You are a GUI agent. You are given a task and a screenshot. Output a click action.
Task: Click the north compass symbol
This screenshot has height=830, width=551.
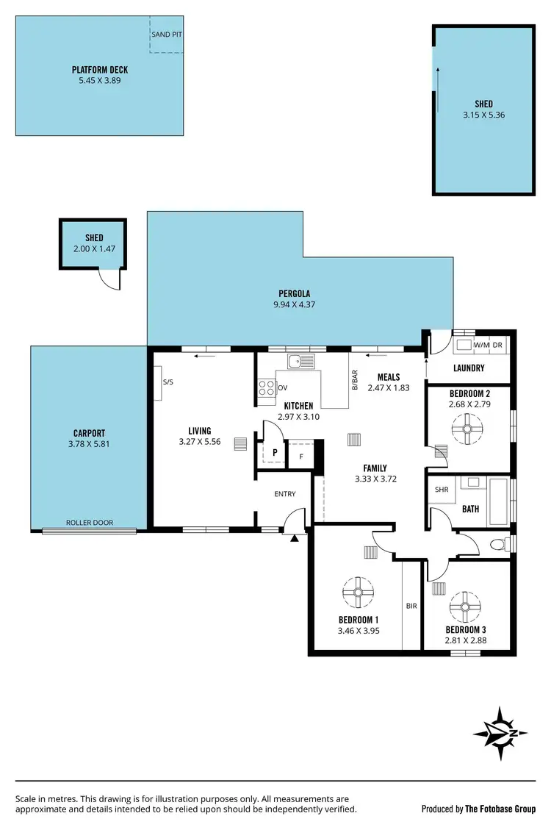[500, 733]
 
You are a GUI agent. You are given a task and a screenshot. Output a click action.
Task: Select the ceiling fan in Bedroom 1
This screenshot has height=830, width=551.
[359, 590]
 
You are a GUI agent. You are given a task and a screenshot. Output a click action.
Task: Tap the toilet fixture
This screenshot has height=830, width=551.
[499, 545]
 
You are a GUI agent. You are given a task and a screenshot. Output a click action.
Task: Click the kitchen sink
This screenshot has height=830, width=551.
[300, 360]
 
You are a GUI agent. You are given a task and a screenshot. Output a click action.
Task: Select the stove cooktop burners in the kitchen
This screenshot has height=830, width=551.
[266, 388]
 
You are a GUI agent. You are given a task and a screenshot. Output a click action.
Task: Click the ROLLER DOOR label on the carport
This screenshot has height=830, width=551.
[90, 523]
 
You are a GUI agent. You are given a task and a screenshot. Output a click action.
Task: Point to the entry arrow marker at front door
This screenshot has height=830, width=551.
[295, 539]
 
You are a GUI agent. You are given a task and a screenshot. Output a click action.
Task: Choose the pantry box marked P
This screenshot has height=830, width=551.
[273, 454]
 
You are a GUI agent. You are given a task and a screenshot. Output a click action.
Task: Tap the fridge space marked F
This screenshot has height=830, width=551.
[301, 456]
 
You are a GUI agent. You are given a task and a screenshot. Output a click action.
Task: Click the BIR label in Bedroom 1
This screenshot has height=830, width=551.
[411, 607]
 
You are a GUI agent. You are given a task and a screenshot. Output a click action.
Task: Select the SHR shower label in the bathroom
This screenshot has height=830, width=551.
[442, 489]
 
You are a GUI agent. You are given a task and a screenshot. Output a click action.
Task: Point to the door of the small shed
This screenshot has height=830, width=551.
[109, 279]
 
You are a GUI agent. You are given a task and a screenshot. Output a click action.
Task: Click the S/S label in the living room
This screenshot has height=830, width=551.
[168, 382]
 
